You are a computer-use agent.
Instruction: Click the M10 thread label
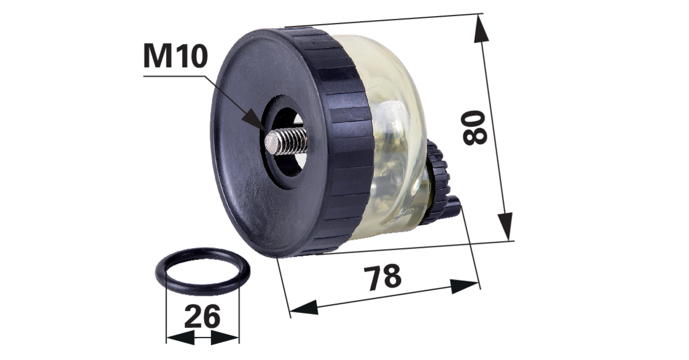coord(176,56)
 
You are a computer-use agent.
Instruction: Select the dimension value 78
coord(382,277)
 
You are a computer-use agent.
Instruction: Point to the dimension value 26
coord(202,316)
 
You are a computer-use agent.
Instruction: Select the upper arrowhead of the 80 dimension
coord(481,29)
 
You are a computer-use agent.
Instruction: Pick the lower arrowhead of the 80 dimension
coord(505,226)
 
